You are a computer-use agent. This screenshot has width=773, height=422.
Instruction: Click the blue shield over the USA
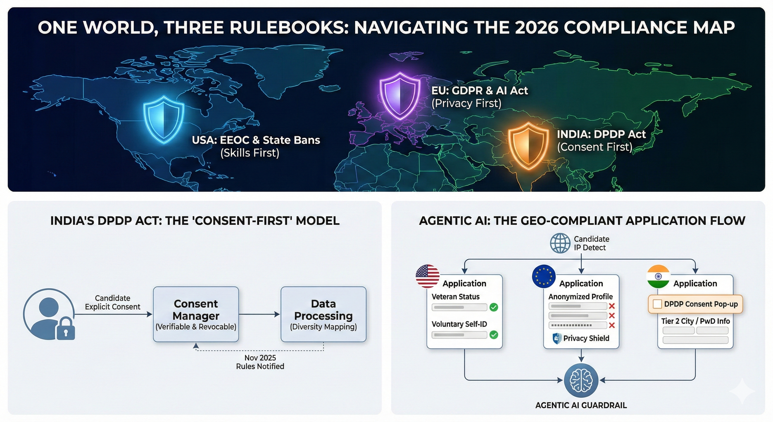[x=164, y=119]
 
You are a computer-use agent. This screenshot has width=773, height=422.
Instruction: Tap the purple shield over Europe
[x=400, y=96]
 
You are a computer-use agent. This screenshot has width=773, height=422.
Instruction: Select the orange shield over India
[x=528, y=146]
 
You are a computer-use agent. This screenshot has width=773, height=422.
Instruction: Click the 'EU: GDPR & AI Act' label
[x=480, y=90]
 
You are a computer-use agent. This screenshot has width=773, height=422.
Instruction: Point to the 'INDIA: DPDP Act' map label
[x=601, y=134]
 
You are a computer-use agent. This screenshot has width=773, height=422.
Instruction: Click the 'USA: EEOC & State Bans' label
[x=256, y=140]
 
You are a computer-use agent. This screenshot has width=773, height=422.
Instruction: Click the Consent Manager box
[x=196, y=314]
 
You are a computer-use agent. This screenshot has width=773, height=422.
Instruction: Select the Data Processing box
[x=323, y=314]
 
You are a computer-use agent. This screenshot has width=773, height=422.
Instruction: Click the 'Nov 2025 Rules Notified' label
[x=260, y=362]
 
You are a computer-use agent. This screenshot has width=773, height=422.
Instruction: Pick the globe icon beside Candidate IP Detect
[x=560, y=243]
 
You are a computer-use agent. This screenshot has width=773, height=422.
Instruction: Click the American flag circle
[x=428, y=276]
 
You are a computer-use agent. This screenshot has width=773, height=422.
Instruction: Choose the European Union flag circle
[x=544, y=276]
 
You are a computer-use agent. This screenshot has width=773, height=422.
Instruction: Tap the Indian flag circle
[x=658, y=276]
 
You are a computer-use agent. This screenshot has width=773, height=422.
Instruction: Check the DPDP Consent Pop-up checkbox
[x=657, y=304]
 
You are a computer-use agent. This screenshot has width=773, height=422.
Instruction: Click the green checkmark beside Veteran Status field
[x=494, y=307]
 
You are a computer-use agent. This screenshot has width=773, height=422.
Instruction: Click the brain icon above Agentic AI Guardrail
[x=581, y=380]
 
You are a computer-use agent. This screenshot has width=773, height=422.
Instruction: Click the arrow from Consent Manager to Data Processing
[x=259, y=314]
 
